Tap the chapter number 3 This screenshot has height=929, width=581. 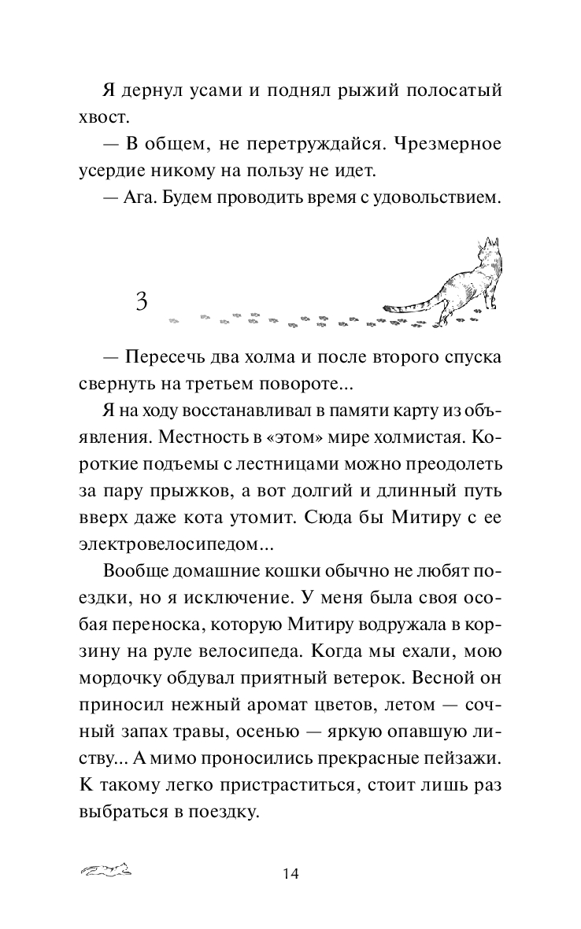(142, 300)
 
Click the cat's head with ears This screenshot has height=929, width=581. (491, 249)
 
